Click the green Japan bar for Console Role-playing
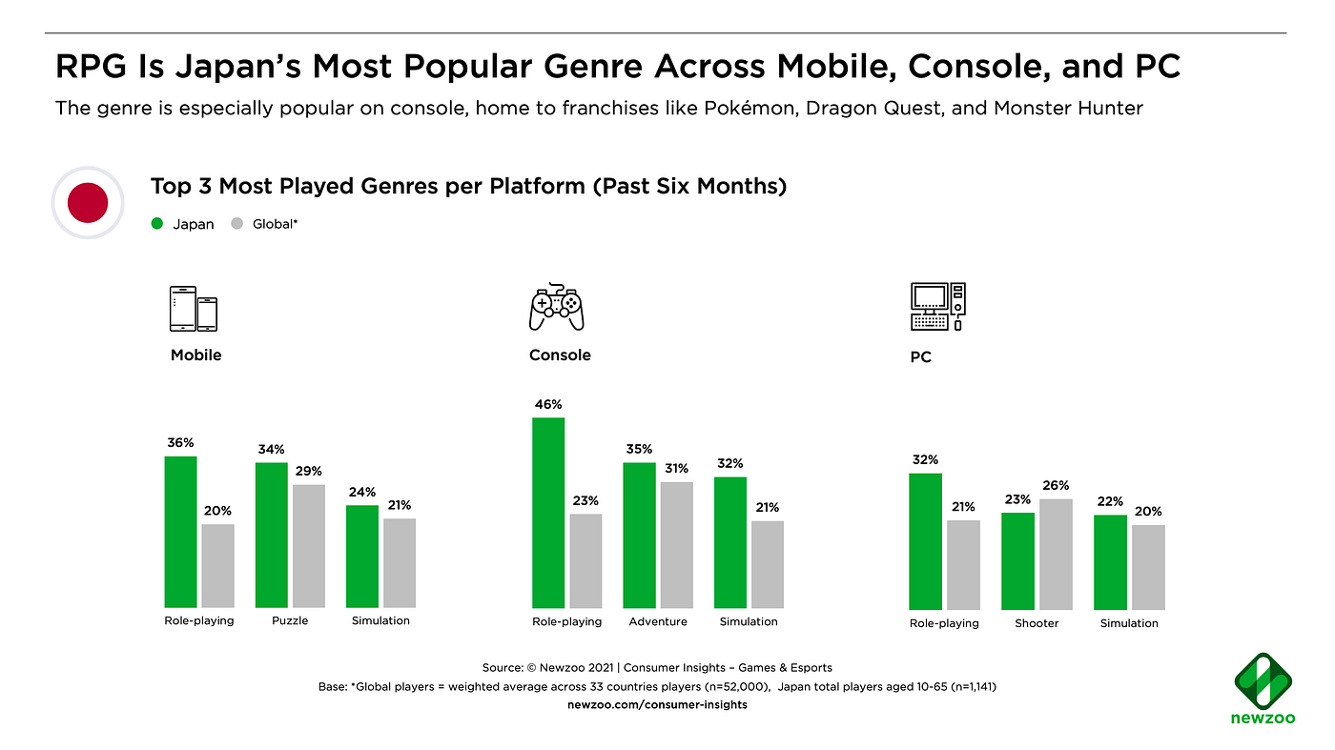[547, 513]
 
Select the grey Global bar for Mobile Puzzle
[309, 546]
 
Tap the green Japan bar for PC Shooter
[1017, 561]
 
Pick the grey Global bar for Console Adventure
[676, 545]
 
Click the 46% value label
[547, 404]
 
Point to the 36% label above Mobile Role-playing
[180, 443]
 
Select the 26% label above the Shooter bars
[1056, 485]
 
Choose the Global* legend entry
[266, 224]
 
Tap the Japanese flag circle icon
[88, 202]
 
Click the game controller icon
[557, 307]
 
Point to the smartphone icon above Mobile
[194, 309]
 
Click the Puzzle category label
[291, 620]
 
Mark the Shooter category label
[1037, 623]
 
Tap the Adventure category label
[658, 621]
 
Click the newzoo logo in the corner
[1264, 689]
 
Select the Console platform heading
[560, 355]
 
